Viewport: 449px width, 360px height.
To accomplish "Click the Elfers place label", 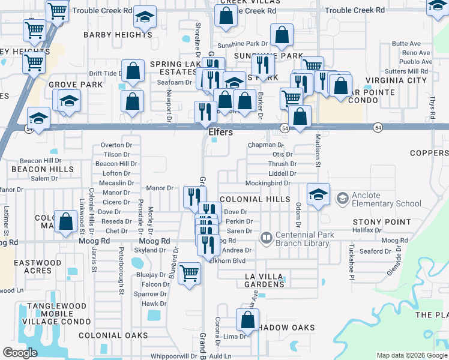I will [x=220, y=132].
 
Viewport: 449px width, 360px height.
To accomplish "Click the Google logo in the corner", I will [x=20, y=353].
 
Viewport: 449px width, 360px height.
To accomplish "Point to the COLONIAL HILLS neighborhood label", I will [x=255, y=199].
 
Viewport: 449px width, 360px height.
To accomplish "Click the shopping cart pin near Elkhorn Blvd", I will [x=190, y=273].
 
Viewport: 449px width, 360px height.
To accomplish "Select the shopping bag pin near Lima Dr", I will [x=247, y=320].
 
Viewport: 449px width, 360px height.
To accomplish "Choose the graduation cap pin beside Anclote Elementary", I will [x=318, y=194].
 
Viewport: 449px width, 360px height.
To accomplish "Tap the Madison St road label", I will [x=318, y=147].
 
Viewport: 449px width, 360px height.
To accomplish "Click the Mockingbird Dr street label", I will [x=268, y=183].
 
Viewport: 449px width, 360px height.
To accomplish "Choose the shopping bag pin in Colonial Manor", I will [x=64, y=221].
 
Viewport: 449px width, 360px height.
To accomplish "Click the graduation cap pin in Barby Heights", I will [x=144, y=17].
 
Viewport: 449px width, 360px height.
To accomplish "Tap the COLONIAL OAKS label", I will [x=104, y=335].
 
